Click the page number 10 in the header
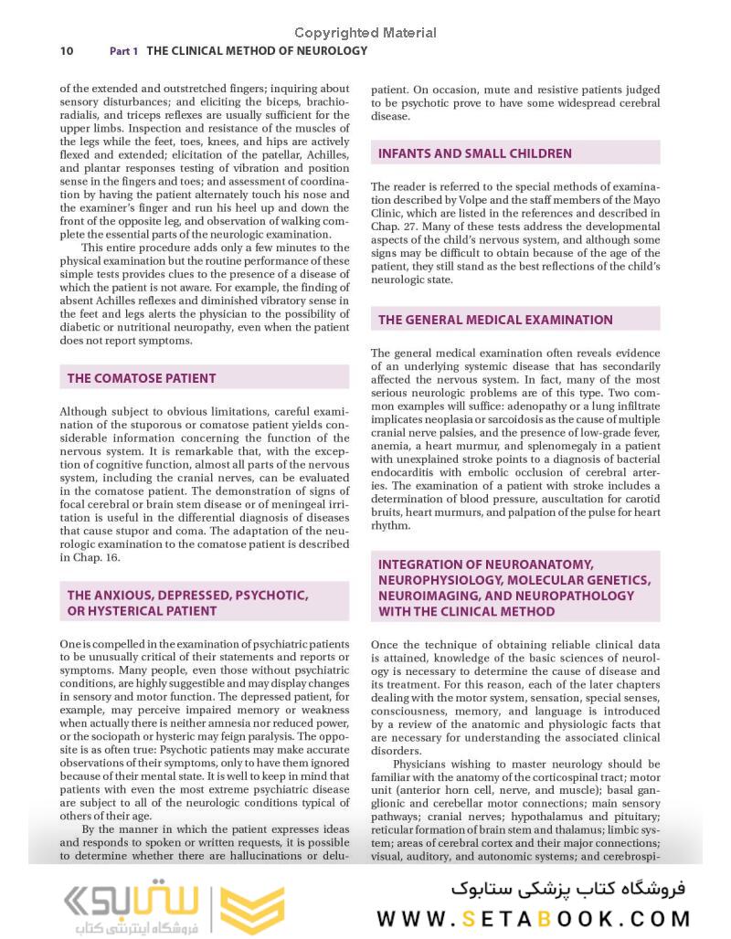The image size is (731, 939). point(67,51)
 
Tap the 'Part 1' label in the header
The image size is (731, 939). point(123,51)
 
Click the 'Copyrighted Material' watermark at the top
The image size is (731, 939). point(365,33)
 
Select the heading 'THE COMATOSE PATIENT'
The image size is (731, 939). point(142,377)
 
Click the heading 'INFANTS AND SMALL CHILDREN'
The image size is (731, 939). point(475,153)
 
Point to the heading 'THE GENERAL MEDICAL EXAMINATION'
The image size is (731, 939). point(495,320)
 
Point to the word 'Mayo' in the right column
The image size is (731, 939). point(644,200)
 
